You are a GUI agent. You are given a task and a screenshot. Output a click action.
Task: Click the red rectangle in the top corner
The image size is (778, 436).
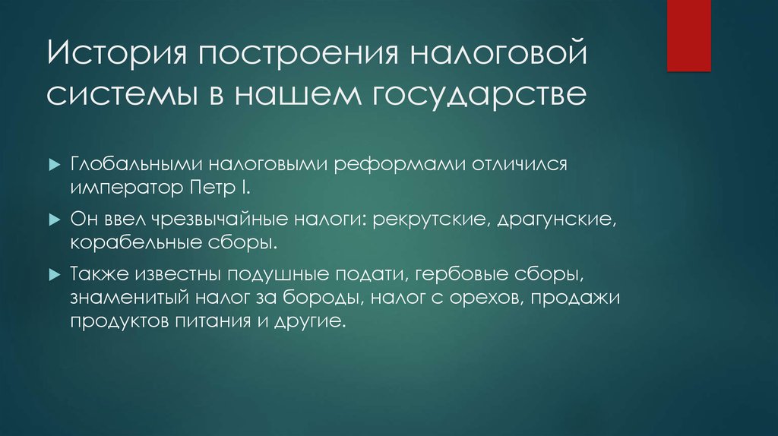(x=688, y=35)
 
